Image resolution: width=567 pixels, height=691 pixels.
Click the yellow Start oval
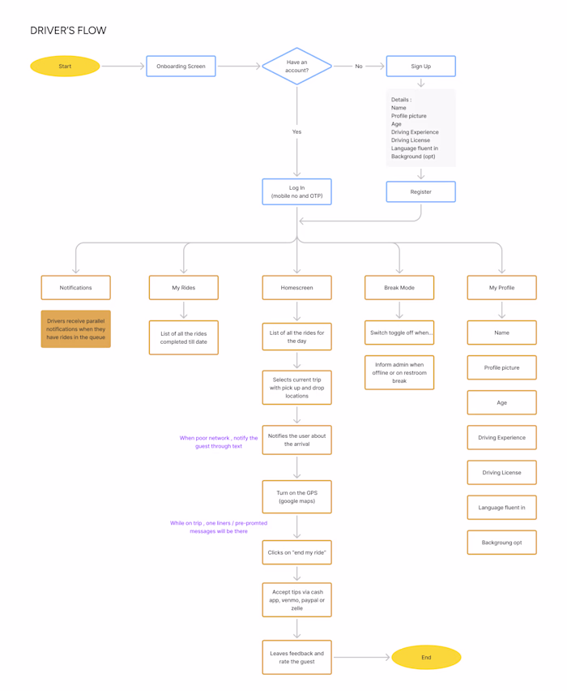pyautogui.click(x=65, y=67)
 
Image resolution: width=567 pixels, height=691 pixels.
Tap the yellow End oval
pyautogui.click(x=426, y=657)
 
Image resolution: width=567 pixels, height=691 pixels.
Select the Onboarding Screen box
pyautogui.click(x=181, y=67)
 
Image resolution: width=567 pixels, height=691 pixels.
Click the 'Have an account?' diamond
pyautogui.click(x=296, y=67)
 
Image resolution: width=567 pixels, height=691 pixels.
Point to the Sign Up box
pyautogui.click(x=421, y=67)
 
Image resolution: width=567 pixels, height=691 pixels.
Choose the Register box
pyautogui.click(x=421, y=191)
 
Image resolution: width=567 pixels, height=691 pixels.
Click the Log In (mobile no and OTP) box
pyautogui.click(x=296, y=191)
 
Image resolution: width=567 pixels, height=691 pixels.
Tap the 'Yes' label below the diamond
pyautogui.click(x=296, y=131)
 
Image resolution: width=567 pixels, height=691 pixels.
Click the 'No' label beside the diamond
pyautogui.click(x=359, y=67)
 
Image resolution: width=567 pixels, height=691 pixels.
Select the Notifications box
pyautogui.click(x=75, y=288)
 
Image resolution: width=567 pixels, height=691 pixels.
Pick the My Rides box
pyautogui.click(x=184, y=288)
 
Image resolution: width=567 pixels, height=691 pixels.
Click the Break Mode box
pyautogui.click(x=399, y=288)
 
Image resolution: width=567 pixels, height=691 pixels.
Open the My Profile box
pyautogui.click(x=502, y=288)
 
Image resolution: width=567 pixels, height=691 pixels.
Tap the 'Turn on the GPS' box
pyautogui.click(x=296, y=496)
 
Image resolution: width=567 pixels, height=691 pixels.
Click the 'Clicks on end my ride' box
pyautogui.click(x=296, y=552)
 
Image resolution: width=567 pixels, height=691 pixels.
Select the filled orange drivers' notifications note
pyautogui.click(x=75, y=329)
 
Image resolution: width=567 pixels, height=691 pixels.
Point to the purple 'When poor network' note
pyautogui.click(x=219, y=442)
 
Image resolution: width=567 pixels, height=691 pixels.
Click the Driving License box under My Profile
pyautogui.click(x=502, y=472)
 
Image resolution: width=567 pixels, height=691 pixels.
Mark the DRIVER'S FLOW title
pyautogui.click(x=68, y=30)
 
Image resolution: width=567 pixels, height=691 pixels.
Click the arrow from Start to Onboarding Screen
pyautogui.click(x=123, y=67)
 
